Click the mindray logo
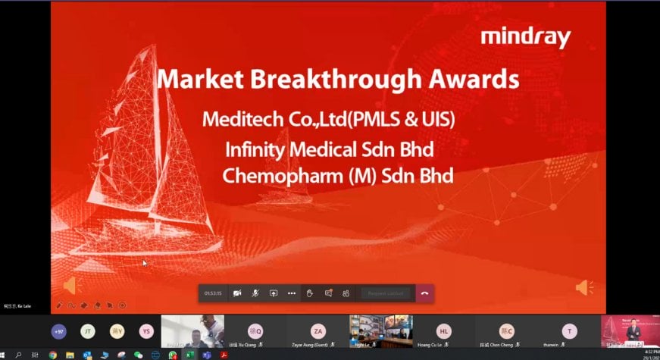525,37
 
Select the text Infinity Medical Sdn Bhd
329,149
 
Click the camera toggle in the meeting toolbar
237,293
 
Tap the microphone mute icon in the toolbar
255,293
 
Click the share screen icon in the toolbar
274,293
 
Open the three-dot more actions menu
292,293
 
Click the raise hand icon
310,293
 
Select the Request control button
386,293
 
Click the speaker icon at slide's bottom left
69,286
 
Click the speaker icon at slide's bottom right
583,287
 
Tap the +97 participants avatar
58,331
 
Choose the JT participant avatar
88,331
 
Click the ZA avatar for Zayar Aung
319,331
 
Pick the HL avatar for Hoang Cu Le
445,331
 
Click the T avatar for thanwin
569,331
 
